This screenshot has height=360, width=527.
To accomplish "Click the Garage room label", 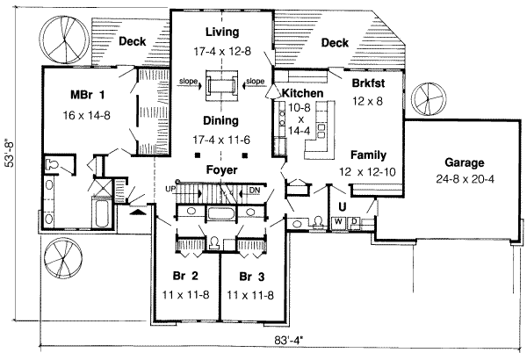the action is tap(465, 163).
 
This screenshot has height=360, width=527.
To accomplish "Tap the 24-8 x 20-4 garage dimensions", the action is tap(466, 179).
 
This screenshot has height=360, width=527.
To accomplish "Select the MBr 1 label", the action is tap(87, 95).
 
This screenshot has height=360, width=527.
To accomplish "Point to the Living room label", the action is tap(222, 32).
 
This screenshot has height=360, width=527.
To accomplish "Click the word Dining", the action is tap(220, 120).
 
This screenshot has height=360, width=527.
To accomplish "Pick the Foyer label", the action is tap(222, 170).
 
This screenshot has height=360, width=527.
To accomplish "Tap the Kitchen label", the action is tap(302, 93).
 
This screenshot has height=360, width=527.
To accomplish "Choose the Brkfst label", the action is tap(368, 83).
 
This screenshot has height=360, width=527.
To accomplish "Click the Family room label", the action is tap(368, 155).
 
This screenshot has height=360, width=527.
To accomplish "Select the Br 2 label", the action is tap(185, 277).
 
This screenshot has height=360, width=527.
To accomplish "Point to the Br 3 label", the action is tap(252, 277).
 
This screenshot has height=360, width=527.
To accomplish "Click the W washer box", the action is tap(339, 222).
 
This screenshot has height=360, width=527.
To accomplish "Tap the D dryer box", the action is tap(354, 222).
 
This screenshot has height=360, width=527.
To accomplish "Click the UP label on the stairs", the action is tap(170, 190).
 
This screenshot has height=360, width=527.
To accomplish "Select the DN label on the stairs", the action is tap(255, 191).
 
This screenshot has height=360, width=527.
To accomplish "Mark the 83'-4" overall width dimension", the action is tap(289, 340).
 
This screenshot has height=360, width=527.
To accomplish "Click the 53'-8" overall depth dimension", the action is tap(9, 154).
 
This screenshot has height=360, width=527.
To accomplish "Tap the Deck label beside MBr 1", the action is tap(133, 41).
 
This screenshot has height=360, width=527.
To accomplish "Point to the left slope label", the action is tap(188, 81).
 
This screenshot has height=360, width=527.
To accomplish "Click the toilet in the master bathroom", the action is tap(52, 164).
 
